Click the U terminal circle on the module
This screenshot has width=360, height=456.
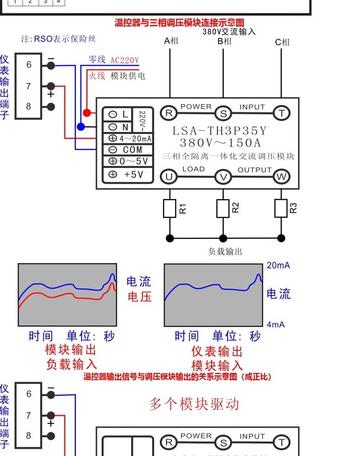point(168,177)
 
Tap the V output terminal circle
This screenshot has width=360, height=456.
point(223,177)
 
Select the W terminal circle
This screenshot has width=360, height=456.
point(281,177)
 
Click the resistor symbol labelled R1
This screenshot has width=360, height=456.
point(169,208)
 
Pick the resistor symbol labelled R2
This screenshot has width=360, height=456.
point(223,208)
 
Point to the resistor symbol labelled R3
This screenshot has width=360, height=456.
point(281,208)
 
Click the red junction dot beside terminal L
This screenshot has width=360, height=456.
point(87,112)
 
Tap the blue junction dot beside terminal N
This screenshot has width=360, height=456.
point(81,127)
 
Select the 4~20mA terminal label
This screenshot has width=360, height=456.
point(135,138)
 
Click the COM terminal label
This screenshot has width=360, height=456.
point(132,150)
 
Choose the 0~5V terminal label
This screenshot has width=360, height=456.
point(134,161)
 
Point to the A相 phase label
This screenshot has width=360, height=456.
point(171,41)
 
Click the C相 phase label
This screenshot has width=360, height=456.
point(282,42)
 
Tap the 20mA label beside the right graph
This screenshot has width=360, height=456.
point(278,265)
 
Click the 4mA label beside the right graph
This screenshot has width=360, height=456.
point(276,324)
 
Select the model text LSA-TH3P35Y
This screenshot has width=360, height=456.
point(219,131)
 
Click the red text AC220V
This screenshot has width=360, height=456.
point(125,60)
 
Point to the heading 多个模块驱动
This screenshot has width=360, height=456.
point(194,404)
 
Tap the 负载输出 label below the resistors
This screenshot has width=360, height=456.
point(226,252)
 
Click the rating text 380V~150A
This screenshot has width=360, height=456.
point(220,143)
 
